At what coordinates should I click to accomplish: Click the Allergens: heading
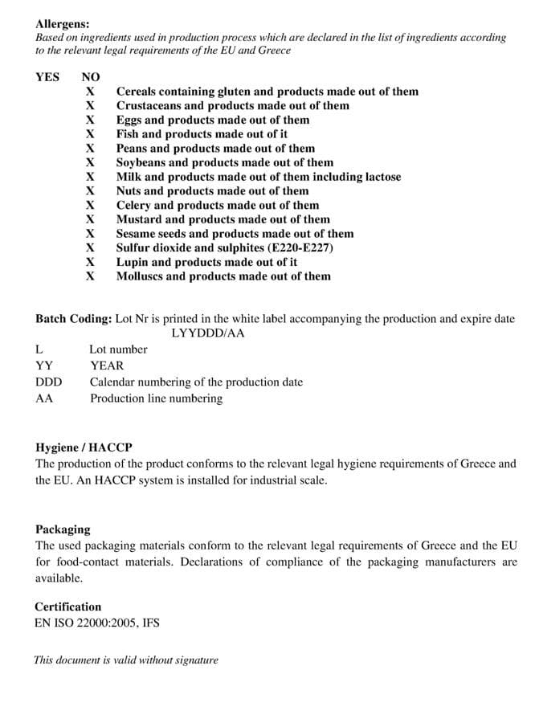tap(63, 24)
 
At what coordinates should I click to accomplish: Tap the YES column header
tap(47, 77)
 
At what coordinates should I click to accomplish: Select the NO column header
tap(91, 77)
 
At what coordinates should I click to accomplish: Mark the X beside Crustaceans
tap(91, 105)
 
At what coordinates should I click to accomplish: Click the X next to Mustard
tap(91, 219)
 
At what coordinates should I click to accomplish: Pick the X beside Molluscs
tap(91, 276)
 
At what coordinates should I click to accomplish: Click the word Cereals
tap(139, 92)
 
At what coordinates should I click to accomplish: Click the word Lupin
tap(132, 262)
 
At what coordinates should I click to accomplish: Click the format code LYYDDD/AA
tap(208, 333)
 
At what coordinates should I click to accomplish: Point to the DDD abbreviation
tap(49, 382)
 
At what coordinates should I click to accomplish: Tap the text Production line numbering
tap(156, 398)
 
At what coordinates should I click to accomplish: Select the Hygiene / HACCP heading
tap(84, 447)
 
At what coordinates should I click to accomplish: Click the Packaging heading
tap(63, 529)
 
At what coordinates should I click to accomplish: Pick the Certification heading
tap(68, 607)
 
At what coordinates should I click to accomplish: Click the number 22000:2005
tap(104, 622)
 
